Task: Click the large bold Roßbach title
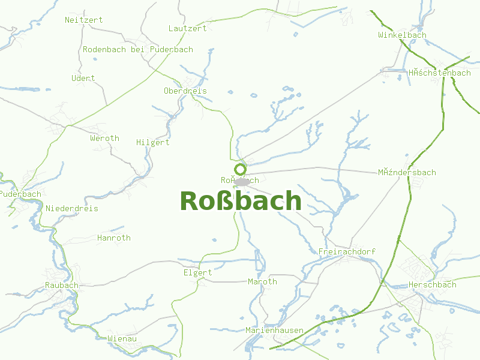241,201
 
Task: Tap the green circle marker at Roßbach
241,169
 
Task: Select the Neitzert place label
83,20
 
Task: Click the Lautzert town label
187,28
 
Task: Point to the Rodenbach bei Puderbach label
138,49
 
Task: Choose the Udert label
83,78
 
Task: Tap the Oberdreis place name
185,91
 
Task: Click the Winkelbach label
402,35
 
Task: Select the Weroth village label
104,138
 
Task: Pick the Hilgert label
152,142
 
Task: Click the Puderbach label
21,194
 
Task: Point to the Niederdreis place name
71,208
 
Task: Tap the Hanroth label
113,238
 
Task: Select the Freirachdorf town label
347,251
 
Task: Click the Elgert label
197,272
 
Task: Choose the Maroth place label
262,281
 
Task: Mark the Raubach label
61,285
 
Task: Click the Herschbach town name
432,284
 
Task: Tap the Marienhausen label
274,330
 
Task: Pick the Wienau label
122,338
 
